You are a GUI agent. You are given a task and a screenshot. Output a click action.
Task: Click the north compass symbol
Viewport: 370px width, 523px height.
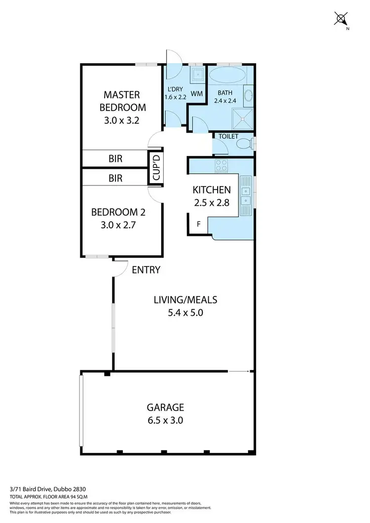341,19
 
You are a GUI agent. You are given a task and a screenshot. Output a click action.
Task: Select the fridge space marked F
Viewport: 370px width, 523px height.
199,223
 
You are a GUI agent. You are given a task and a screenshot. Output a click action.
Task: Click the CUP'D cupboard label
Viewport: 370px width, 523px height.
156,168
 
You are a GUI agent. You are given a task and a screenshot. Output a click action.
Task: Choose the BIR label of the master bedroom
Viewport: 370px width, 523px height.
115,159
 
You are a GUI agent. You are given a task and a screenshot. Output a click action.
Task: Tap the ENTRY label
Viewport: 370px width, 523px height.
146,269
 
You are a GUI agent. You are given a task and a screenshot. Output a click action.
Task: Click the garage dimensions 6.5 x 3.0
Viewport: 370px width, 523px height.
165,420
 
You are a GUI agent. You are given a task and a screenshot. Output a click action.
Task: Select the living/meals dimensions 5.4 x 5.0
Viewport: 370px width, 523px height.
185,312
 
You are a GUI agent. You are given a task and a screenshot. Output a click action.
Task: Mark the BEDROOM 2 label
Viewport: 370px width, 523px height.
118,213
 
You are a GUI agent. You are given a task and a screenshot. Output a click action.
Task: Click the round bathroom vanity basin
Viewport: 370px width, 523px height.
248,95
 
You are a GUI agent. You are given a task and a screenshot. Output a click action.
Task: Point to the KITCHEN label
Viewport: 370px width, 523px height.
211,189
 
